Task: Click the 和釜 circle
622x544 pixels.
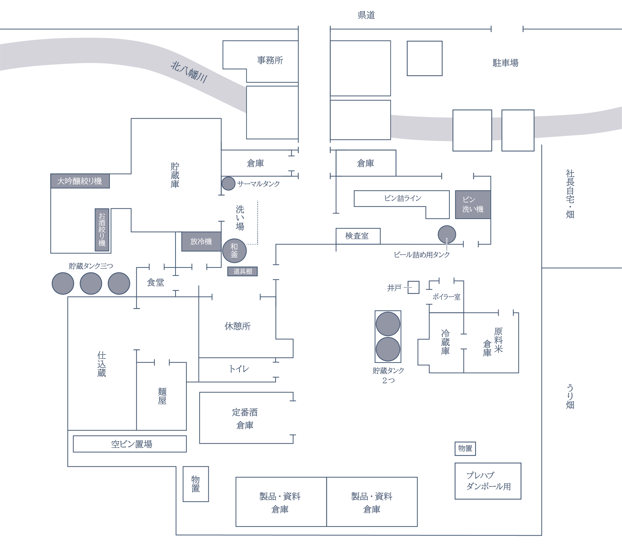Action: (x=234, y=251)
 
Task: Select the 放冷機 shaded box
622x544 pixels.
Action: (x=201, y=241)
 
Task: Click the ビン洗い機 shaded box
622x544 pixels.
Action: (x=473, y=204)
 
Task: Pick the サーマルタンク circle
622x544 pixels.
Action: (x=228, y=183)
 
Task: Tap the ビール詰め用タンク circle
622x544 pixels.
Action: (x=447, y=234)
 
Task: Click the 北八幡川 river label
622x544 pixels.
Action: (x=189, y=72)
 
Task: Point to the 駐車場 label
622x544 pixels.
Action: (x=505, y=63)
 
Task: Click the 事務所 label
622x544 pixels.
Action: (x=270, y=60)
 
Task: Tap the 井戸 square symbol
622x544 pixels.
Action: (x=413, y=287)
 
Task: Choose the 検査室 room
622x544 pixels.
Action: (x=358, y=236)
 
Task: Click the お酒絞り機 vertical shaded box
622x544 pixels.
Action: (x=102, y=230)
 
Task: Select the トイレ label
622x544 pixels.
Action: (x=239, y=369)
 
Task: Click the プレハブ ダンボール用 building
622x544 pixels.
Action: (x=488, y=481)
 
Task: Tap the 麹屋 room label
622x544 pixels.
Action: (x=162, y=396)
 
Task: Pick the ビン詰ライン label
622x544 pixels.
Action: (x=403, y=198)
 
